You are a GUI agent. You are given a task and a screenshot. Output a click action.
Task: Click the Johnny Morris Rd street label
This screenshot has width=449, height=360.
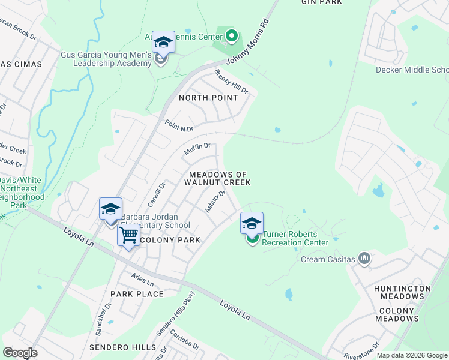click(247, 43)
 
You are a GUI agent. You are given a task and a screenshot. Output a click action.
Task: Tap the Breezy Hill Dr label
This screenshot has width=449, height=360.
click(231, 82)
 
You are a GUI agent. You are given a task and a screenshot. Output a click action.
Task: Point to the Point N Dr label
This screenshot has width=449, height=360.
click(179, 125)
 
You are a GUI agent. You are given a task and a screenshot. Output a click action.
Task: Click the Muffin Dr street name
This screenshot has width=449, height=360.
click(197, 149)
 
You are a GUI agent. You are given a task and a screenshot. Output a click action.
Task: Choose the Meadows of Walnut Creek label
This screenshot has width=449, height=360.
click(217, 178)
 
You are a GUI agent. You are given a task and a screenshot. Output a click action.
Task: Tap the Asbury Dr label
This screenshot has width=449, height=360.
click(214, 201)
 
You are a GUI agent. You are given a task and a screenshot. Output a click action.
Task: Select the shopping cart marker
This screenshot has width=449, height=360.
click(128, 235)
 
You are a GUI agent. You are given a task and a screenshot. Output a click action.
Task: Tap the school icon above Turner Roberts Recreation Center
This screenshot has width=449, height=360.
click(252, 224)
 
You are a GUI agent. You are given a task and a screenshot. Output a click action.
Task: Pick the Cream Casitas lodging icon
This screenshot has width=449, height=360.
click(364, 259)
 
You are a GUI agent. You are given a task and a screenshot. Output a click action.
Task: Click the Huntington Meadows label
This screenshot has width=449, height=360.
click(402, 293)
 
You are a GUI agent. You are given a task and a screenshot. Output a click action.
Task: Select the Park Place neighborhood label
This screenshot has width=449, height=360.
click(137, 294)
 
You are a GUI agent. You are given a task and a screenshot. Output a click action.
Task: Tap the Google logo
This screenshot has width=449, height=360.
click(20, 353)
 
